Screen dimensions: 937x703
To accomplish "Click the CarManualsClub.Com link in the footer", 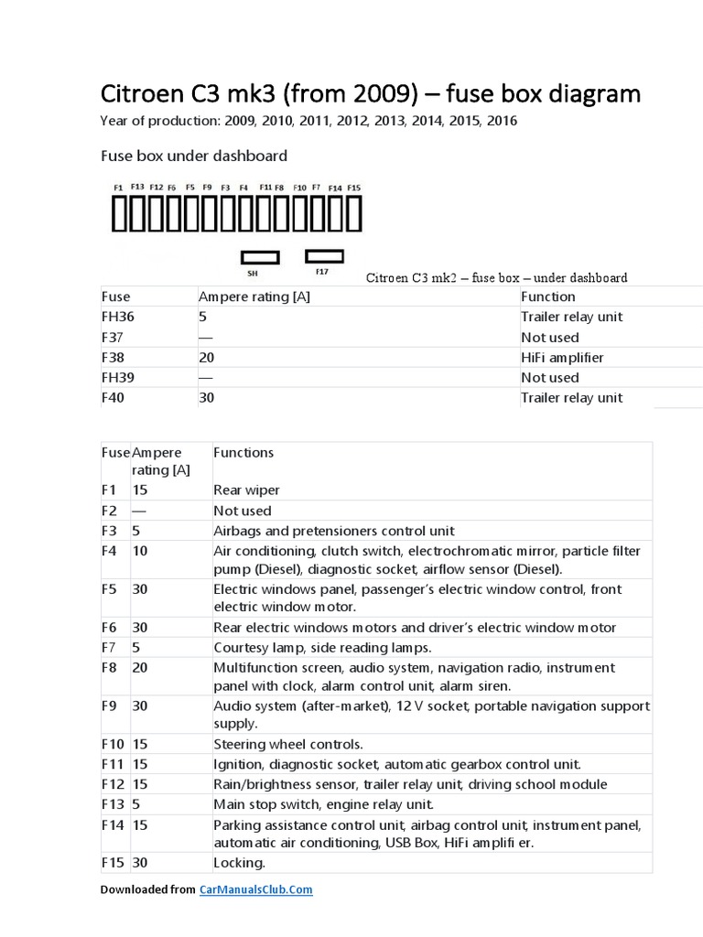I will (255, 889).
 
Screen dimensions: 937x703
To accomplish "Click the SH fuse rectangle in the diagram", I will (259, 257).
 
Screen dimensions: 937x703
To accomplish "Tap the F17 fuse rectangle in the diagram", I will (324, 255).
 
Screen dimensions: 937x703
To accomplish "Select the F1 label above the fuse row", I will (118, 188).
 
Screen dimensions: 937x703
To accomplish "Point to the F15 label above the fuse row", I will (353, 188).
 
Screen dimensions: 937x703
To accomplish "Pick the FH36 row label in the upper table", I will (118, 317).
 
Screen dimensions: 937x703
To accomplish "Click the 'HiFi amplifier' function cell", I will (562, 357).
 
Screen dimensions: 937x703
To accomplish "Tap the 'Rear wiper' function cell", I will (246, 490).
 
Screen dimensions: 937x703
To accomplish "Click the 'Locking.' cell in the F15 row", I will (239, 863).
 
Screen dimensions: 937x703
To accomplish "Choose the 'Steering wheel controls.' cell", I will (288, 744).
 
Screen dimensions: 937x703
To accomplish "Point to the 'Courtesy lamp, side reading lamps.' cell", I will (321, 648).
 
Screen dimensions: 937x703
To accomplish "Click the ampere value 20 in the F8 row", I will (140, 668).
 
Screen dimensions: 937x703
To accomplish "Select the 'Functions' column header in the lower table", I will (243, 452).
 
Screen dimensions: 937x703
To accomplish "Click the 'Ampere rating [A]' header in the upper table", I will (254, 296).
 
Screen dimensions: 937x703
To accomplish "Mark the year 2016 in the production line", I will (502, 121).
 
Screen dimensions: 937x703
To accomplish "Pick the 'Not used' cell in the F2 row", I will (243, 511).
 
